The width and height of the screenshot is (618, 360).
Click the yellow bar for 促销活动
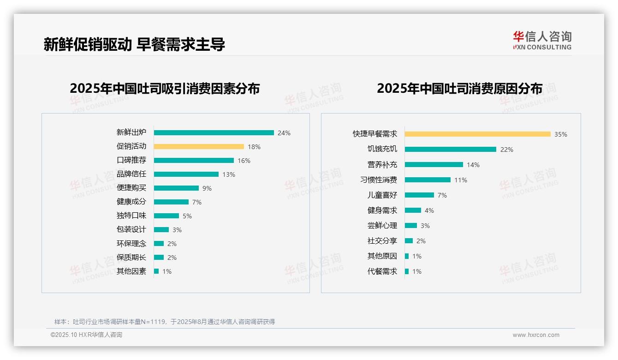coord(199,146)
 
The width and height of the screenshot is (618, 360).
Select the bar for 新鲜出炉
coord(214,132)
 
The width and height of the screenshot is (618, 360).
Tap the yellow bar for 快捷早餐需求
coord(477,134)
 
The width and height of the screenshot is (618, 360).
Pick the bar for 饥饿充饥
coord(450,149)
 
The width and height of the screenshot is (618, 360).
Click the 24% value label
coord(284,133)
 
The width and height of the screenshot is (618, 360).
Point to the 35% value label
coord(561,134)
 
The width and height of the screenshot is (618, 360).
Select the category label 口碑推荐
coord(131,160)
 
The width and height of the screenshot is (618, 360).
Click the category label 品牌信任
coord(131,174)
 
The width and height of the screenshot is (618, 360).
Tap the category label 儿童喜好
coord(382,195)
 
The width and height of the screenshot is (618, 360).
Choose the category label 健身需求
coord(382,210)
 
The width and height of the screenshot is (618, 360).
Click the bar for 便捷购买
coord(176,188)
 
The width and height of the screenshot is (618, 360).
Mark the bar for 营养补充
coord(434,164)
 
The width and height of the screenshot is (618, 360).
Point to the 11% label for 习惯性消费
coord(461,180)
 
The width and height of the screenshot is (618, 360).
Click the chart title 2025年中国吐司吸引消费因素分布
coord(165,88)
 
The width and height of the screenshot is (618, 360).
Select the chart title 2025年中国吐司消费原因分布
coord(459,88)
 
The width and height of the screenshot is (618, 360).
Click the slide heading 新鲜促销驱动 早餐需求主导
coord(134,44)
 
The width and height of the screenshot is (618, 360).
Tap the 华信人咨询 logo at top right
coord(542,40)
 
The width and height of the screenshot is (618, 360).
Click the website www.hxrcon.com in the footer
coord(536,335)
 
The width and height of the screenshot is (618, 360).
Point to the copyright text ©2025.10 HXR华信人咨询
coord(86,335)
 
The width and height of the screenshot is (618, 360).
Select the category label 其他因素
coord(131,271)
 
